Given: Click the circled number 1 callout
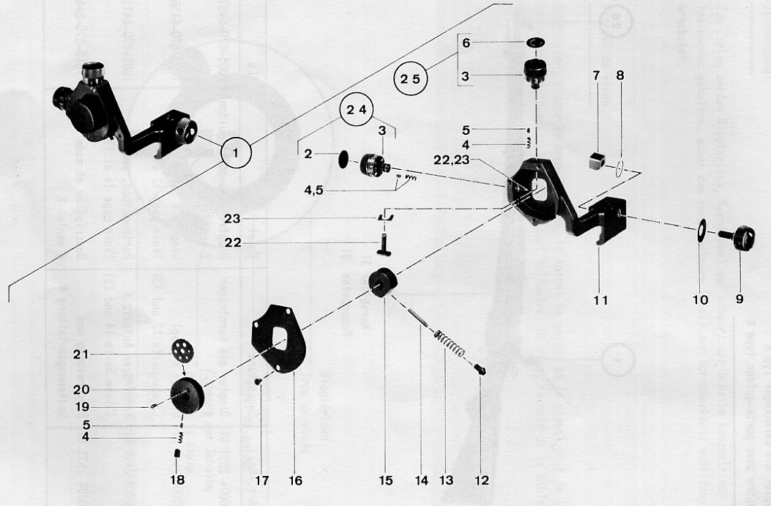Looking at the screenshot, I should point(236,155).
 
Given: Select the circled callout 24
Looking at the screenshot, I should point(356,111).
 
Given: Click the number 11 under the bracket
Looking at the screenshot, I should point(600,299).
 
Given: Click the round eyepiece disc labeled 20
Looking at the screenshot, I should point(188,395).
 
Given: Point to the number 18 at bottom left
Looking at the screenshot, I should point(177,481).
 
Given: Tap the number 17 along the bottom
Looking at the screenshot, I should point(261,481).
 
